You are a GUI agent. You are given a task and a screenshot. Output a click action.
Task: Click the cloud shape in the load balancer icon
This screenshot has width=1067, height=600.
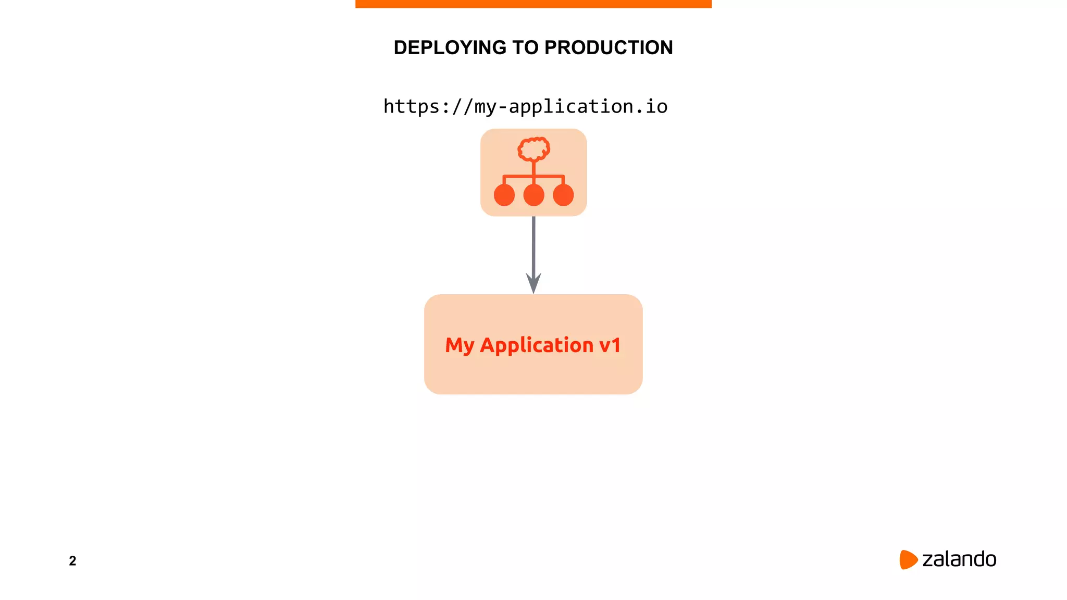pyautogui.click(x=533, y=149)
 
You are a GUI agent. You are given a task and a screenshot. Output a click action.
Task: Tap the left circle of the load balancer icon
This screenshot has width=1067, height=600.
pyautogui.click(x=504, y=195)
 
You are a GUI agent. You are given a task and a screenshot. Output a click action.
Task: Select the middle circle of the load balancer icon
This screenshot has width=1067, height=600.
pyautogui.click(x=533, y=195)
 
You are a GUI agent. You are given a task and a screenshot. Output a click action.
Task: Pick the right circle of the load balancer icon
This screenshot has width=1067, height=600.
pyautogui.click(x=563, y=195)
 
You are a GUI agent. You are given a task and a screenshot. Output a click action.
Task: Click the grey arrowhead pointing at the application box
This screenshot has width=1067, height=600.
pyautogui.click(x=533, y=283)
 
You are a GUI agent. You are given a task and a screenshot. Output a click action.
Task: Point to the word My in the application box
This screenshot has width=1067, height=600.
pyautogui.click(x=459, y=345)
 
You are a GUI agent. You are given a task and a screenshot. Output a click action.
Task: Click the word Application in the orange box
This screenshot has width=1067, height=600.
pyautogui.click(x=536, y=345)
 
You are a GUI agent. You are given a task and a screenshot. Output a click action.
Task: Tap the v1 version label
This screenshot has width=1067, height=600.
pyautogui.click(x=610, y=345)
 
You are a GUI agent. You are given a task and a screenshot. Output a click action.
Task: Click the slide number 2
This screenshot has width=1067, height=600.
pyautogui.click(x=72, y=561)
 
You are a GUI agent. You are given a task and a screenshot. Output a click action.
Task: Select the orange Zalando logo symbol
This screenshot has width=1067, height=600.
pyautogui.click(x=908, y=559)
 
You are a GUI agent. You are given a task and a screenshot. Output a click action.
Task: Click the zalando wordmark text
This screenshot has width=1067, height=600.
pyautogui.click(x=959, y=559)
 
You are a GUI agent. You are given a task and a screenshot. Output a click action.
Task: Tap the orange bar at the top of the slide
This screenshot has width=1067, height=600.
pyautogui.click(x=533, y=4)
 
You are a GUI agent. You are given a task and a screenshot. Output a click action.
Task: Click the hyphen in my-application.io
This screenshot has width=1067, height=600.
pyautogui.click(x=502, y=107)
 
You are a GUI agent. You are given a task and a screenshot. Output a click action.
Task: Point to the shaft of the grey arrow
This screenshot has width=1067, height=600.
pyautogui.click(x=533, y=245)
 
